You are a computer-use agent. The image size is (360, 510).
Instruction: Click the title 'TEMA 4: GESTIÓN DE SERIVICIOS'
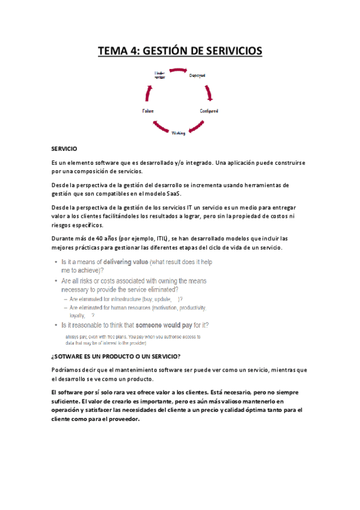(x=180, y=51)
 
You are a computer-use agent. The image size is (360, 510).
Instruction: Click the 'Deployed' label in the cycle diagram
(x=197, y=76)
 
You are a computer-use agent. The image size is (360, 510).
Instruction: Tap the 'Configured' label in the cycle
(x=209, y=111)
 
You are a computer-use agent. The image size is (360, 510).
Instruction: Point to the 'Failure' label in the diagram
(x=148, y=111)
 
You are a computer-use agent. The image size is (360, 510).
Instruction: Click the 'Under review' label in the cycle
(x=160, y=75)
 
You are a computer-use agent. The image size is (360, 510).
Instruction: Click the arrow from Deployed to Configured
(x=209, y=93)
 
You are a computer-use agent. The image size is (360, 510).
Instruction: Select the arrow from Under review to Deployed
(x=178, y=70)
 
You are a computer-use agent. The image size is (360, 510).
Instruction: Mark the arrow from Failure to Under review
(x=148, y=92)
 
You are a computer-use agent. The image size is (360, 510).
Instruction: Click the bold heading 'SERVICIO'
(x=64, y=148)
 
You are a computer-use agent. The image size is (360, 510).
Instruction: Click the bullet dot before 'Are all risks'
(x=56, y=281)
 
